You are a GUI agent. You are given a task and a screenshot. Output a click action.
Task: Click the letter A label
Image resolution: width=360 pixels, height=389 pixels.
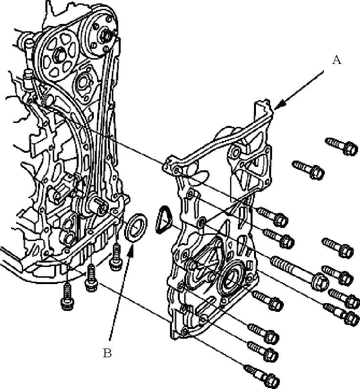point(337,60)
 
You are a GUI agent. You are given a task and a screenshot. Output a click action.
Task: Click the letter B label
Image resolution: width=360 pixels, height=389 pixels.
point(107,353)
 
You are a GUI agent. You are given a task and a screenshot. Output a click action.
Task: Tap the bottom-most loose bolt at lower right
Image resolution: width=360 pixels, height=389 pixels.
point(262,377)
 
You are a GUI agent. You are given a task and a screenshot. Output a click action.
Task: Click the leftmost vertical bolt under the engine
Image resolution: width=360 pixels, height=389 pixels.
point(67,296)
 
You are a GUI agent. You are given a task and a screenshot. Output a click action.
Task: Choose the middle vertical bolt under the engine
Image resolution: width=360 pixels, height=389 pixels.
point(91,278)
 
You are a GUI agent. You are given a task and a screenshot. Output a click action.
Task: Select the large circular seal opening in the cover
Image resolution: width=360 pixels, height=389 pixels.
point(232,275)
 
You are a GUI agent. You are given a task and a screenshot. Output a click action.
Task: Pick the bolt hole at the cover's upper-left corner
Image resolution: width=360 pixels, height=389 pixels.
point(176,170)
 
